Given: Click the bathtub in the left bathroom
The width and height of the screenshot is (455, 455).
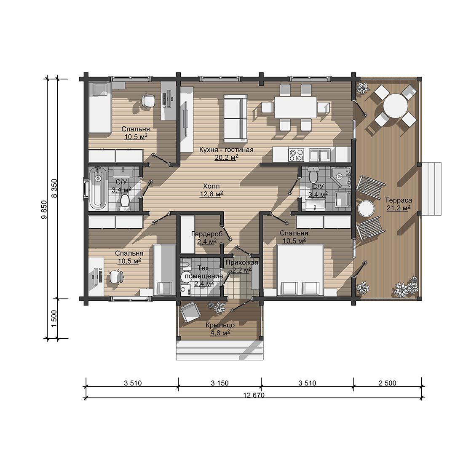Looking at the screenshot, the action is click(x=97, y=188).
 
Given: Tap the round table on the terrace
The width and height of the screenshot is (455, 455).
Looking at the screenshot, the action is click(x=396, y=105).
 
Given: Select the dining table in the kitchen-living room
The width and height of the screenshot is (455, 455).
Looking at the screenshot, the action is click(x=295, y=107).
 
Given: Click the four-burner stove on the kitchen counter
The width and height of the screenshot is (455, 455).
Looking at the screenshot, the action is click(x=296, y=154).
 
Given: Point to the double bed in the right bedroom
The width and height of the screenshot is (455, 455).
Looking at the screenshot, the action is click(x=300, y=270).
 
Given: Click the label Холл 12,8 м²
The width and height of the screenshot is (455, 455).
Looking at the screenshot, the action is click(x=211, y=190).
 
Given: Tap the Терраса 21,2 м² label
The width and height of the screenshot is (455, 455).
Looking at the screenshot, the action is click(x=399, y=204).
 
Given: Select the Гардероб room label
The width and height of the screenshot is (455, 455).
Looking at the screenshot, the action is click(x=207, y=234).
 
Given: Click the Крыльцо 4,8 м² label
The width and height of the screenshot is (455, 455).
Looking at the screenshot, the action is click(x=220, y=329).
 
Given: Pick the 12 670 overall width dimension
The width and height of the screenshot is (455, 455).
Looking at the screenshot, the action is click(x=254, y=395).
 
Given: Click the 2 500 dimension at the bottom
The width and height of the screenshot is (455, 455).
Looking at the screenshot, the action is click(x=387, y=383).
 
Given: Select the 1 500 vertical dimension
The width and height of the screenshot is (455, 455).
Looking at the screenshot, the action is click(x=54, y=318).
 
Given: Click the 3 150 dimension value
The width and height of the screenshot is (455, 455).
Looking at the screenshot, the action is click(x=219, y=383).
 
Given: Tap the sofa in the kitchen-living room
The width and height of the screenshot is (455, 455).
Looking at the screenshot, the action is click(x=235, y=116).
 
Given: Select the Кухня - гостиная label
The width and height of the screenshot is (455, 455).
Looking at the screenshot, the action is click(x=226, y=150).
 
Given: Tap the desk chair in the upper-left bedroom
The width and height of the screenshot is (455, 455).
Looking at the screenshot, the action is click(x=148, y=101).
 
